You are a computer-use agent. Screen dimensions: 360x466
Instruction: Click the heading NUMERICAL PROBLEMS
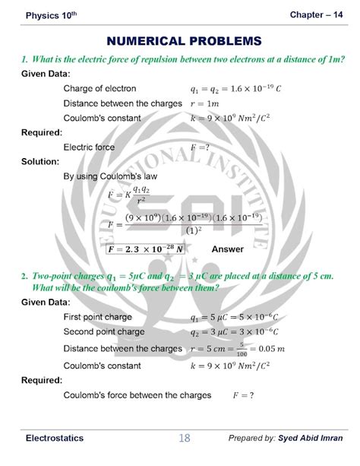click(185, 40)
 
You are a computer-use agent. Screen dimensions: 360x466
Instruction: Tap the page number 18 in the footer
click(185, 439)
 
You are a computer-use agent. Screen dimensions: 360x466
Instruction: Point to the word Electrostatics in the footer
click(55, 439)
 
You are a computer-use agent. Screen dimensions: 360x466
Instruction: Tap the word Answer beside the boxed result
click(227, 249)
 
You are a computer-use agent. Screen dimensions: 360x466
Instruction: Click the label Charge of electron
click(99, 88)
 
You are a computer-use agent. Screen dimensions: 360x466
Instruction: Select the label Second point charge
click(104, 332)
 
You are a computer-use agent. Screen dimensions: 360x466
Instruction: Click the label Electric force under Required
click(90, 147)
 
